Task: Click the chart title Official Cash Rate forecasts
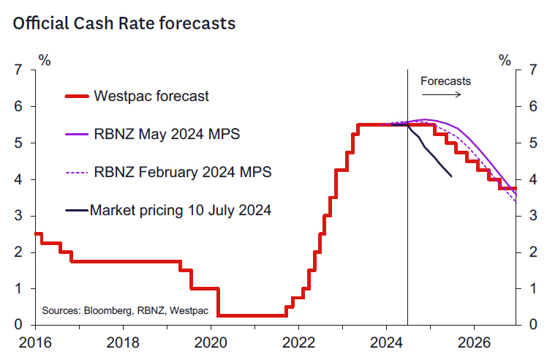(124, 23)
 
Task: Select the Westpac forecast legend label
(151, 96)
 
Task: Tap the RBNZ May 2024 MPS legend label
(167, 134)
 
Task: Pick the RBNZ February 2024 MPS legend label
(183, 172)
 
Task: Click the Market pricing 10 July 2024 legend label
(181, 210)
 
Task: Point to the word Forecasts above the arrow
(445, 80)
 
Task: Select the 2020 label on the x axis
(211, 342)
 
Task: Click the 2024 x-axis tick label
(388, 342)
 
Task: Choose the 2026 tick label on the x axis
(476, 342)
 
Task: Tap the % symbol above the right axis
(505, 60)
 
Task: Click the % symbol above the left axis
(45, 60)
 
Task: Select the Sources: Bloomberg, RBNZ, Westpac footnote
(125, 311)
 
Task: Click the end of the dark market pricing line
(450, 176)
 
